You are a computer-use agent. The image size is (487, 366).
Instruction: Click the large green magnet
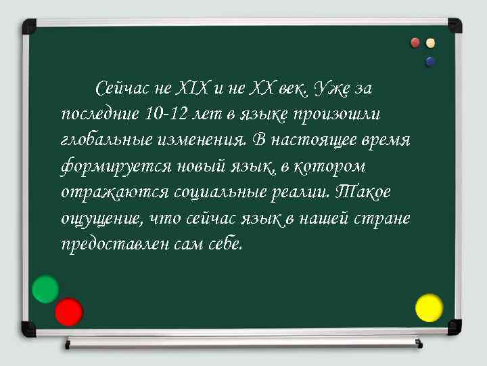coord(45,289)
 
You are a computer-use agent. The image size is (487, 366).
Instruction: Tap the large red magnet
coord(68,312)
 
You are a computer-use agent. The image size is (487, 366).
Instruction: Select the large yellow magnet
coord(429,308)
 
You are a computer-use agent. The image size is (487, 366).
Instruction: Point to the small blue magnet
coord(430,62)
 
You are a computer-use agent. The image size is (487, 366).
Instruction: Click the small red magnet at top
coord(416,43)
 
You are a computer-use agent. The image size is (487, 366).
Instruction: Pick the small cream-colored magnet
coord(430,43)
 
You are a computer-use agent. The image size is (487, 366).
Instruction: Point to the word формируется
coord(109,166)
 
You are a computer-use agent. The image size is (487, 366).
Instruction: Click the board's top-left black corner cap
coord(29,26)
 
